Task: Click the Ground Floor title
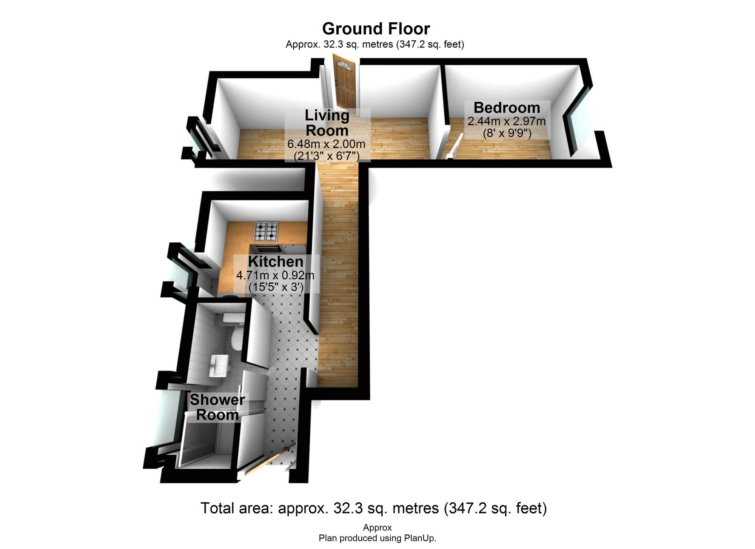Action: tap(376, 29)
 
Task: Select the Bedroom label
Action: tap(507, 108)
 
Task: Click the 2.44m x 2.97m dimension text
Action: tap(507, 121)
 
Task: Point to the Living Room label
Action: tap(327, 123)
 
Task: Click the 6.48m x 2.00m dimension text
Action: tap(327, 144)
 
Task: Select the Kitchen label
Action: tap(276, 261)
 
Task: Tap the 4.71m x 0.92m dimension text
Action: tap(275, 275)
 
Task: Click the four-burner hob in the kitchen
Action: tap(266, 231)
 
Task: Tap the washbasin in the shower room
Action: tap(219, 365)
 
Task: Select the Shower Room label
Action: tap(217, 407)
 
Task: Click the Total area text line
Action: tap(373, 508)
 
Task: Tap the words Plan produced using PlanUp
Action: tap(377, 538)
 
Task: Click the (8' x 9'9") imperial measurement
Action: tap(507, 133)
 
